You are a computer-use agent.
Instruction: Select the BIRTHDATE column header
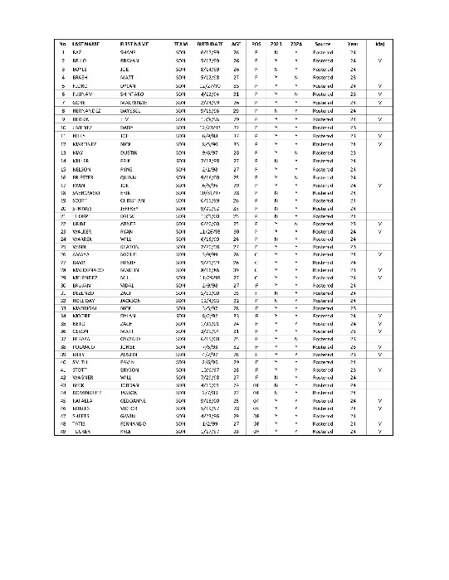(210, 43)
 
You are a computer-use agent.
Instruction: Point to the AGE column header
(237, 43)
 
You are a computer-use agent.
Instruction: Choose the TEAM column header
(181, 43)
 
